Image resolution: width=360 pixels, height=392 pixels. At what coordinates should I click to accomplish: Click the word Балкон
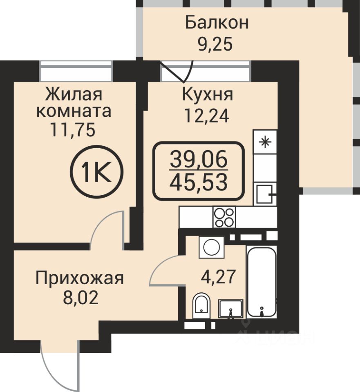click(x=217, y=23)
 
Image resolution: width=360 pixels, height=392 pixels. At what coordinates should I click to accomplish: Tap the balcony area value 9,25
click(x=215, y=44)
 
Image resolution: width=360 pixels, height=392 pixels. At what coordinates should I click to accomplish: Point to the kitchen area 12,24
click(x=206, y=116)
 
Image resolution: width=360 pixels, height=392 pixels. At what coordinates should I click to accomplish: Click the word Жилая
click(x=74, y=94)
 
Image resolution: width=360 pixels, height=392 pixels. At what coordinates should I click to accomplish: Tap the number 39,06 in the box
click(x=199, y=159)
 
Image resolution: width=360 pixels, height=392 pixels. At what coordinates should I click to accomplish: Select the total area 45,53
click(x=199, y=182)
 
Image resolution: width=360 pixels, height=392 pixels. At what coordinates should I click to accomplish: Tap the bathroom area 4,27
click(x=218, y=277)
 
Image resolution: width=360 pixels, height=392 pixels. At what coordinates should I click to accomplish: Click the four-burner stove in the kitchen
click(x=224, y=217)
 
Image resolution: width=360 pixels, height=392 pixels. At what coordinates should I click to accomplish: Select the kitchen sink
click(x=265, y=194)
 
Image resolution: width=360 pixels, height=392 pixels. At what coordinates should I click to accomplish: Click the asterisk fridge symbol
click(x=265, y=142)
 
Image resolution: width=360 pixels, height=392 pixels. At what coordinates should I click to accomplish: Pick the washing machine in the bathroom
click(x=212, y=247)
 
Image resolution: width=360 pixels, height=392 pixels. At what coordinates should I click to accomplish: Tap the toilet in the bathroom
click(x=201, y=305)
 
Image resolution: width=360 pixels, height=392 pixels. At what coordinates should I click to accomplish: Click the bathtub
click(x=262, y=283)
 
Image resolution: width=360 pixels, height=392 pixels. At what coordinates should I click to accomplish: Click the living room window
click(x=76, y=71)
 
